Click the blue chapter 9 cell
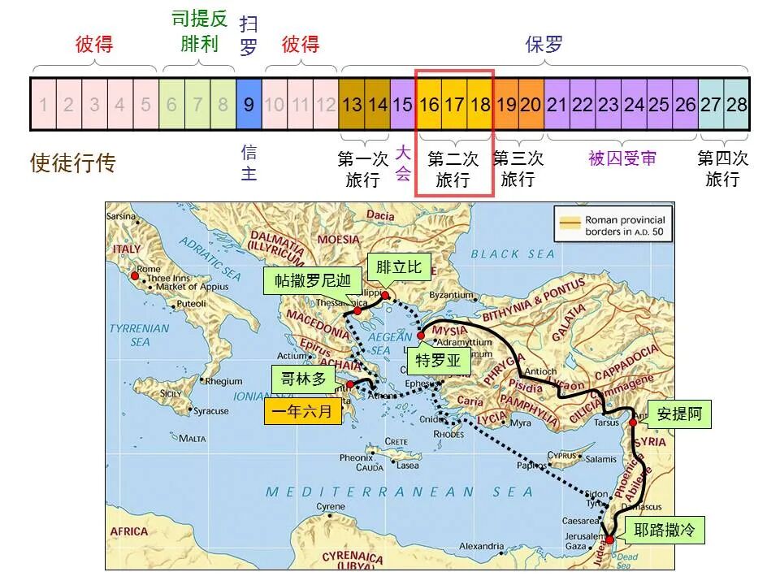tap(249, 104)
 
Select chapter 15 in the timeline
tap(403, 104)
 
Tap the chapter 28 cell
tap(737, 104)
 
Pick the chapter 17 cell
tap(455, 104)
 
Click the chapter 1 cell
tap(43, 104)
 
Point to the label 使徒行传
tap(73, 163)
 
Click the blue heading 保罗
tap(544, 44)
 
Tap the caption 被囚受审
tap(622, 158)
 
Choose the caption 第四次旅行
tap(722, 168)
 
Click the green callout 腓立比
tap(399, 268)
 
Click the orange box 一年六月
tap(302, 412)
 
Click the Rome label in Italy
tap(149, 269)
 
